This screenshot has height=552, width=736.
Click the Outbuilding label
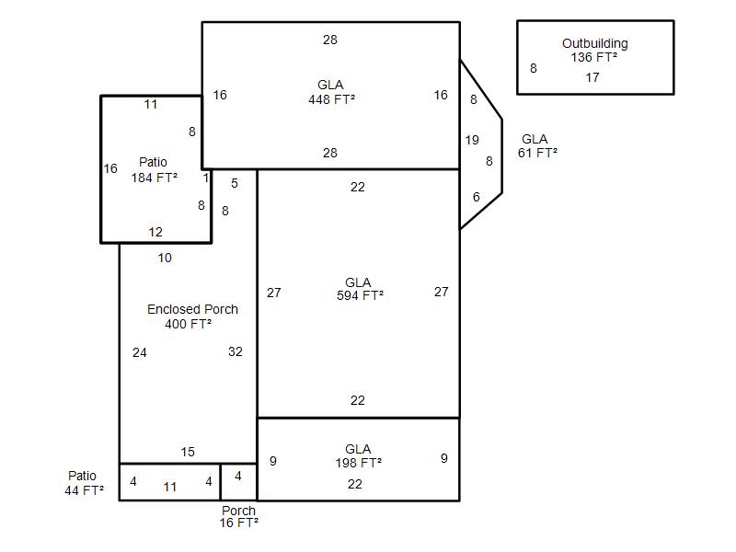point(594,43)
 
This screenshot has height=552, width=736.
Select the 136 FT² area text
point(593,57)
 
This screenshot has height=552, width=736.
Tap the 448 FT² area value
point(331,99)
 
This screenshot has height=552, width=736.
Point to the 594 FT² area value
point(360,295)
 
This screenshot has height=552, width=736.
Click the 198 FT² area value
point(359,464)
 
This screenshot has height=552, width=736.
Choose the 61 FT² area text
point(537,153)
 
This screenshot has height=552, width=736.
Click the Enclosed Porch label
point(192,309)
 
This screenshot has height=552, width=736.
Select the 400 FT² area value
point(189,324)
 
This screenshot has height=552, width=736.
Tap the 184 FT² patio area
point(155,178)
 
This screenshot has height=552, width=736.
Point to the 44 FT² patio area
point(84,490)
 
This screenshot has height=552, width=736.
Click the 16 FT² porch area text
point(239,523)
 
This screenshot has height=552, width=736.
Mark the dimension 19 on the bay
point(472,140)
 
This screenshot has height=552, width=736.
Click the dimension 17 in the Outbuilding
point(592,77)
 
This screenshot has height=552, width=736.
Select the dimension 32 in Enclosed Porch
point(236,351)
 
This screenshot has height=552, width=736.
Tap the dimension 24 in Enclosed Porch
point(140,352)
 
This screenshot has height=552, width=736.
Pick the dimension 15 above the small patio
point(188,452)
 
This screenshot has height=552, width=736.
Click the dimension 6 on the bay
point(477,197)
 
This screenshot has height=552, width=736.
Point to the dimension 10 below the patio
point(165,258)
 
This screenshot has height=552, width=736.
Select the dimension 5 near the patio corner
point(235,183)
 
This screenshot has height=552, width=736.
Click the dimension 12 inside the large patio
point(155,232)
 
